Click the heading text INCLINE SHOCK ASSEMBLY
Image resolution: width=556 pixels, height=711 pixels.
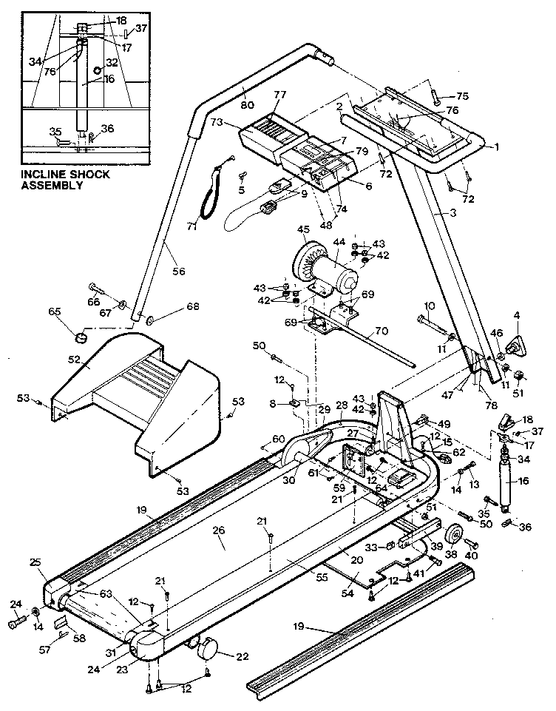(x=65, y=180)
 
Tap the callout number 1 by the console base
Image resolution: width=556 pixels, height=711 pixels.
(x=497, y=146)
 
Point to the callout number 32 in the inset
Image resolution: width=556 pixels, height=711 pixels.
(x=112, y=64)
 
